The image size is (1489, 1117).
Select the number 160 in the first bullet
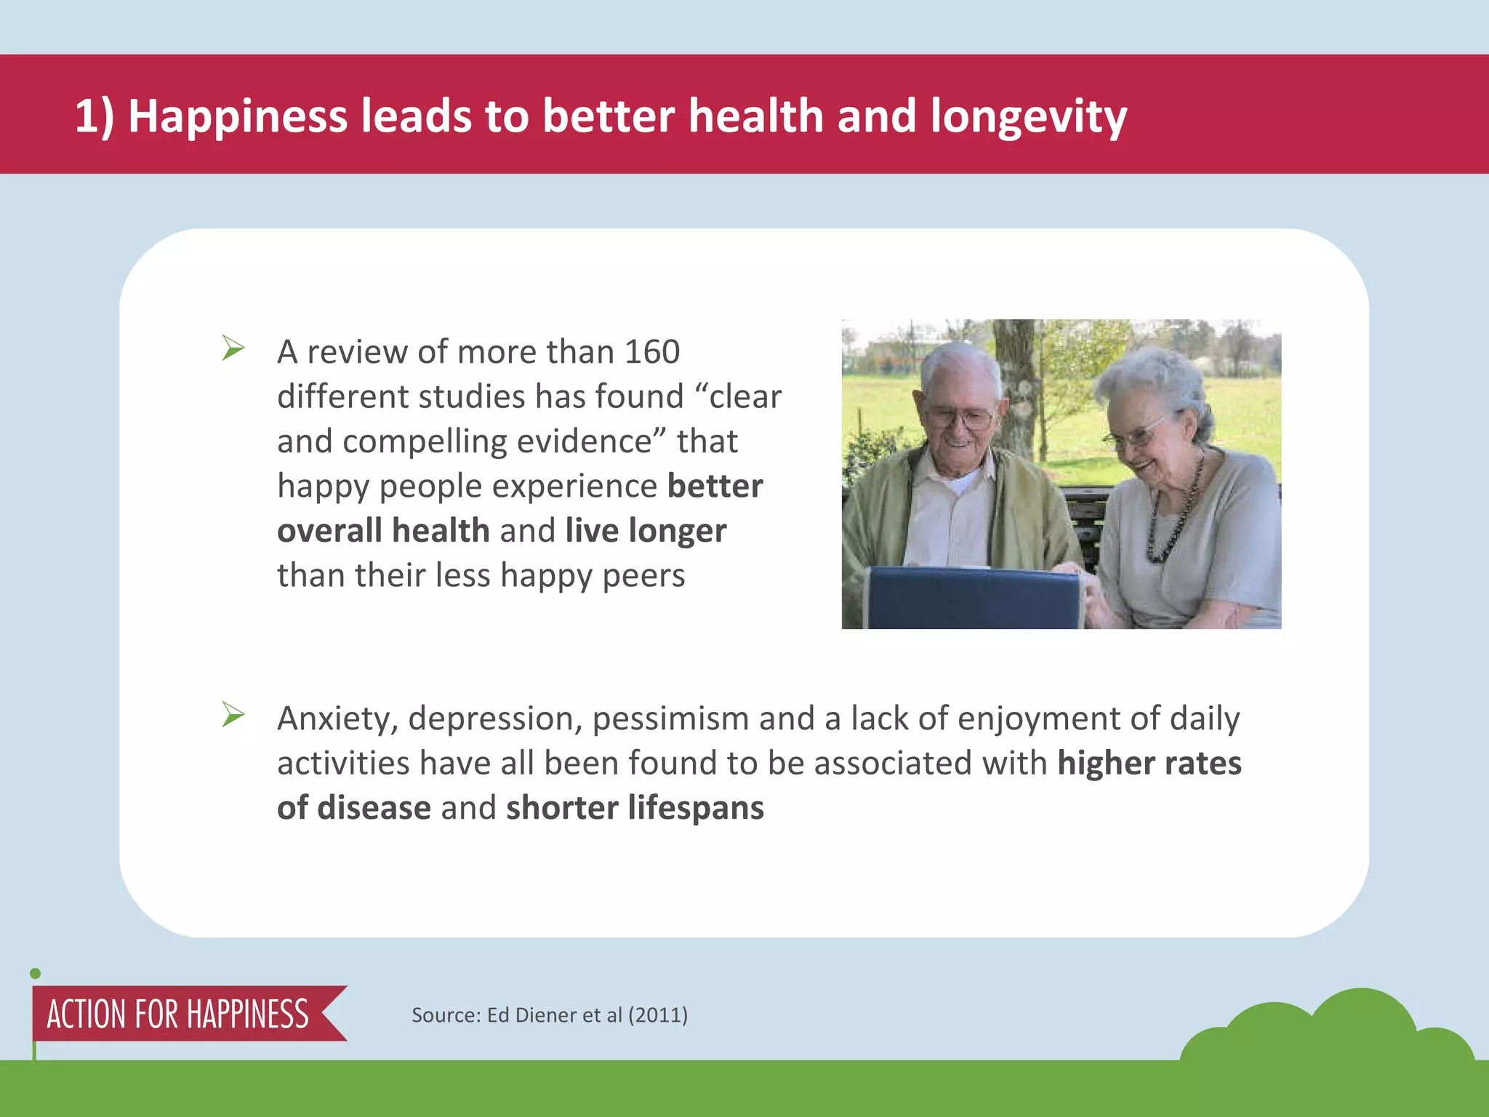(652, 352)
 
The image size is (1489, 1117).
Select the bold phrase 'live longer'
(646, 531)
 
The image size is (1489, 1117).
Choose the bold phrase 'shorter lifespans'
(635, 808)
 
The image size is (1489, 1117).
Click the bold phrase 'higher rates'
(1149, 764)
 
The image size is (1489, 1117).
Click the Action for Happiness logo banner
(178, 1014)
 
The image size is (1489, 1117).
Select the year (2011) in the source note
(658, 1014)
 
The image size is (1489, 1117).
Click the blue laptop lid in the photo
(974, 598)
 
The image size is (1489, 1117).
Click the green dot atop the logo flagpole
(35, 974)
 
